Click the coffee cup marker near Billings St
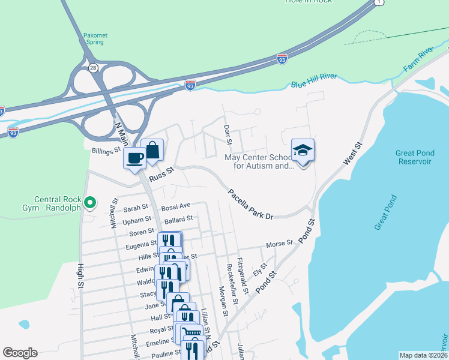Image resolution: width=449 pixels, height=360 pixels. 134,158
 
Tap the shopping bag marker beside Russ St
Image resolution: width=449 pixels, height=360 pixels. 152,150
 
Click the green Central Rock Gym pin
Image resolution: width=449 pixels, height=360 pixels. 91,202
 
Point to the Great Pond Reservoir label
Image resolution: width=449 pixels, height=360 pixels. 414,157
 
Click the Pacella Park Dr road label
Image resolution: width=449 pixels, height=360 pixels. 250,204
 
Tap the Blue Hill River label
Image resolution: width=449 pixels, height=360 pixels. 315,80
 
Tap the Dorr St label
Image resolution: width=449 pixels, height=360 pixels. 227,135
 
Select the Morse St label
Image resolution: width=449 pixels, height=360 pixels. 279,244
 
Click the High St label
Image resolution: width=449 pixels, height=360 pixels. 79,275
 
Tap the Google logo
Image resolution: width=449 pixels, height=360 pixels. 20,353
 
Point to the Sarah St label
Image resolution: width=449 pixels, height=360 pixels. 136,208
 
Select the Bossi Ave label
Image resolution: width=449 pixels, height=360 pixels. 176,207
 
